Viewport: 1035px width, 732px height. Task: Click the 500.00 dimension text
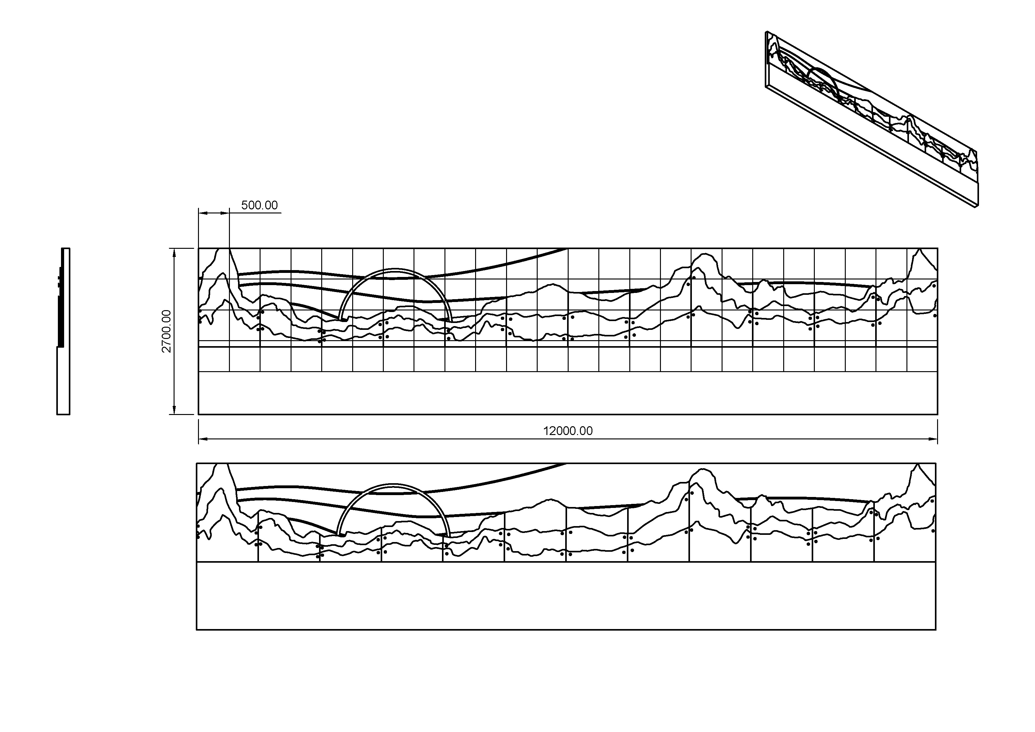[259, 205]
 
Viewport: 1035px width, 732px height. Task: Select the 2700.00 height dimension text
[167, 331]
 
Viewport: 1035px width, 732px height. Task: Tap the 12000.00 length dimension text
[567, 431]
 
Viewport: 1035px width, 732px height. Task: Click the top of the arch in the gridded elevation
[395, 270]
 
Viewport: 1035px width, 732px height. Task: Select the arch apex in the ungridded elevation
[393, 485]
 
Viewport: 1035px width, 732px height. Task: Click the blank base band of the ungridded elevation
[566, 595]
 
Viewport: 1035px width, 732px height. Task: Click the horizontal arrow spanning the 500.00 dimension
[214, 212]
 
